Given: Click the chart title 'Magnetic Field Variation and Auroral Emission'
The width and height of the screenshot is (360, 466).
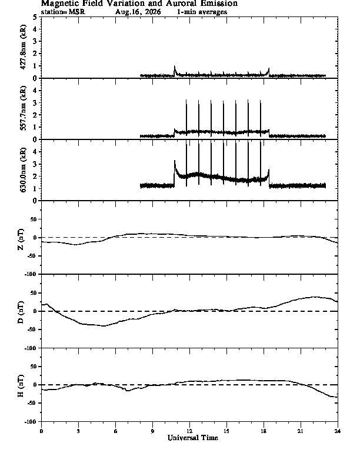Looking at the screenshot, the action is coord(139,4).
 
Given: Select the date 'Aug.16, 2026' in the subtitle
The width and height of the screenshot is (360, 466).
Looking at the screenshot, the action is coord(138,12).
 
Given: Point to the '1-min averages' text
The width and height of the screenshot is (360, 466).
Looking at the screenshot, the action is coord(202,12).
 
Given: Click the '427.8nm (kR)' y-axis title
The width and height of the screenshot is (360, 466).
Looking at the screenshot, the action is coord(23,47).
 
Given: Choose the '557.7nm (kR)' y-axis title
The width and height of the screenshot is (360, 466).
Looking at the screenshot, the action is coord(23,108).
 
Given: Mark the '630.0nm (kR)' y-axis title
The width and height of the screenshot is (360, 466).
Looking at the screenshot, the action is coord(23,169).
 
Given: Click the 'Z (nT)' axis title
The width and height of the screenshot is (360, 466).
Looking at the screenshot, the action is coord(21,239).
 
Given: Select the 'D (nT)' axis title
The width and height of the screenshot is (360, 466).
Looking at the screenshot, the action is coord(21,312).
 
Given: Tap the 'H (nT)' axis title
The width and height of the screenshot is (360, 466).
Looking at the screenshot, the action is coord(21,386).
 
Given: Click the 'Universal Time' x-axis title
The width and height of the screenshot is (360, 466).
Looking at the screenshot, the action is coord(193,438).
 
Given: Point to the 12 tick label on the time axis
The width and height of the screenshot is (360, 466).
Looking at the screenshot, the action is coord(189,431).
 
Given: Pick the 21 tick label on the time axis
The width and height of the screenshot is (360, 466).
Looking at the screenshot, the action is coord(301,431).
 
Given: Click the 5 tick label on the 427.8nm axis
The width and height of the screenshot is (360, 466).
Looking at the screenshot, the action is coord(35,17).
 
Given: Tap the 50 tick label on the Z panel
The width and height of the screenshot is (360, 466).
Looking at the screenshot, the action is coord(34,219).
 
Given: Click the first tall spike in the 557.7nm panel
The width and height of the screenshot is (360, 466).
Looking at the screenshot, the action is coord(186,118).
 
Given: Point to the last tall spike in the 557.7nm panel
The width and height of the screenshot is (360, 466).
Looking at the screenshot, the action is coord(261,118).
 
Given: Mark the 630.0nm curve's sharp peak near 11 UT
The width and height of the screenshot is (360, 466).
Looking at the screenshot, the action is coord(175,161).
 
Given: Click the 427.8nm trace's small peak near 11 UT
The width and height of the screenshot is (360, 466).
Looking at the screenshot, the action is coord(175,66).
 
